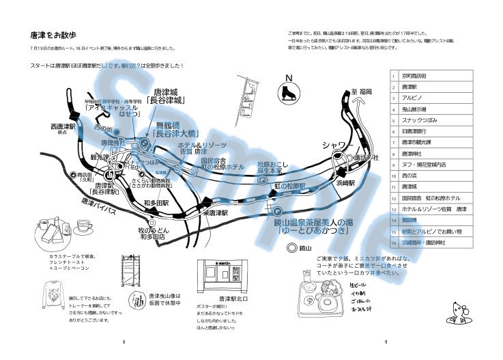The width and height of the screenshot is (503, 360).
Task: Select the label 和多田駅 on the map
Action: [157, 203]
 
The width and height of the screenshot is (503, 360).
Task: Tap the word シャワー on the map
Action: [336, 146]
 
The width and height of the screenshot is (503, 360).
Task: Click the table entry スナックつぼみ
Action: [418, 121]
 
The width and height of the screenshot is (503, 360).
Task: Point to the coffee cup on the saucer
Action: [85, 225]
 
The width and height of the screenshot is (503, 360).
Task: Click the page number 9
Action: [386, 342]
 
